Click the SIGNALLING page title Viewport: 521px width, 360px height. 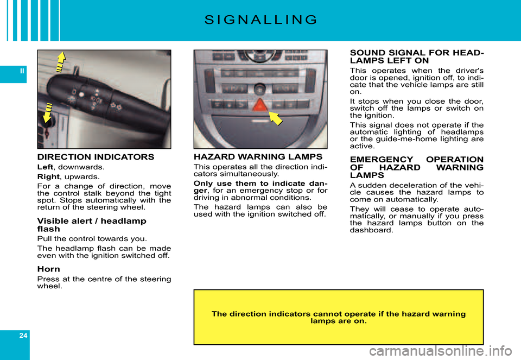[260, 21]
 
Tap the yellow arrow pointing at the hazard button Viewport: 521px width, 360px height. [276, 118]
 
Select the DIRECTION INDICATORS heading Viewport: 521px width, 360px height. [96, 157]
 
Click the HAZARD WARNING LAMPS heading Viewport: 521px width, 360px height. [258, 157]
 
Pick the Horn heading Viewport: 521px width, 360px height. [48, 269]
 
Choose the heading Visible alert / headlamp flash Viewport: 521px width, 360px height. [91, 225]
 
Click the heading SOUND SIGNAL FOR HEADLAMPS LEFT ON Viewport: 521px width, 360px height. [417, 57]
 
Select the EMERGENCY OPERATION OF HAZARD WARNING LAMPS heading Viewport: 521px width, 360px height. [417, 167]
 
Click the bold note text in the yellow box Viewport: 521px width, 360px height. [338, 317]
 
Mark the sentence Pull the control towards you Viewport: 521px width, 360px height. [92, 239]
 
